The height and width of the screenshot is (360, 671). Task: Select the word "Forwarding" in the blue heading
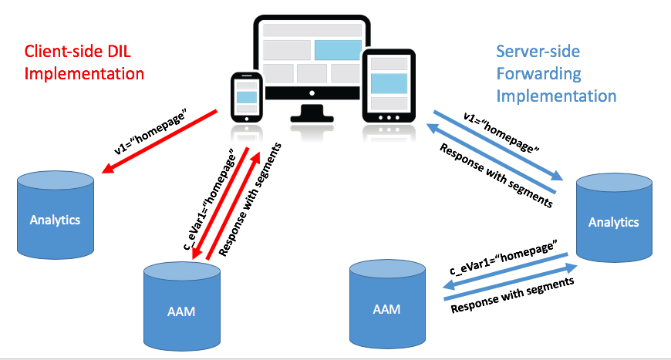(538, 74)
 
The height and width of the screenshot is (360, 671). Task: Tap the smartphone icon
(247, 96)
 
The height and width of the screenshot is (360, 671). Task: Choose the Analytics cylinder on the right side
(614, 220)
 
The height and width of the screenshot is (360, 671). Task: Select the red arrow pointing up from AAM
(234, 204)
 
